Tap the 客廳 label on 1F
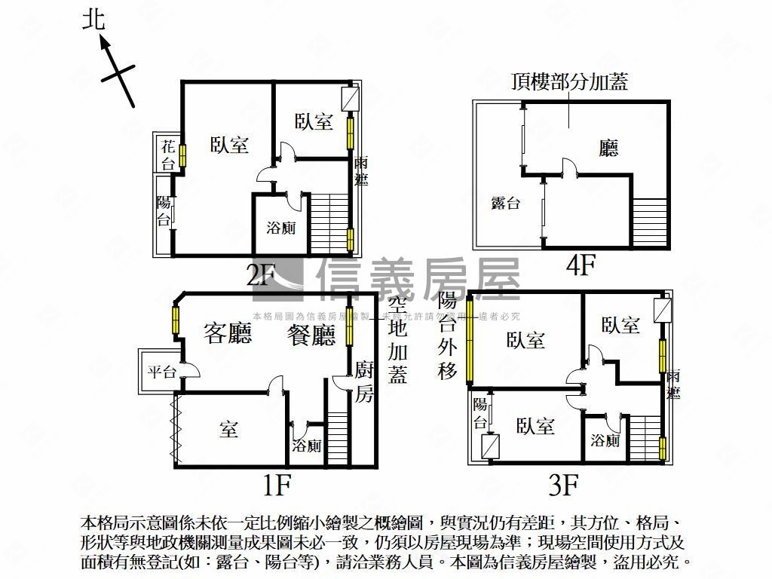coord(228,334)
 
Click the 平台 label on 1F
coord(161,371)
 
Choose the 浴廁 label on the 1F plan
coord(307,446)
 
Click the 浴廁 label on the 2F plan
coord(280,227)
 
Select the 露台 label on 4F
coord(505,202)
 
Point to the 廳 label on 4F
coord(608,149)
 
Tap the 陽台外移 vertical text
coord(448,336)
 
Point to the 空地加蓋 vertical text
coord(398,339)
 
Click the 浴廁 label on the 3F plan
coord(605,440)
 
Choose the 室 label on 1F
coord(229,430)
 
